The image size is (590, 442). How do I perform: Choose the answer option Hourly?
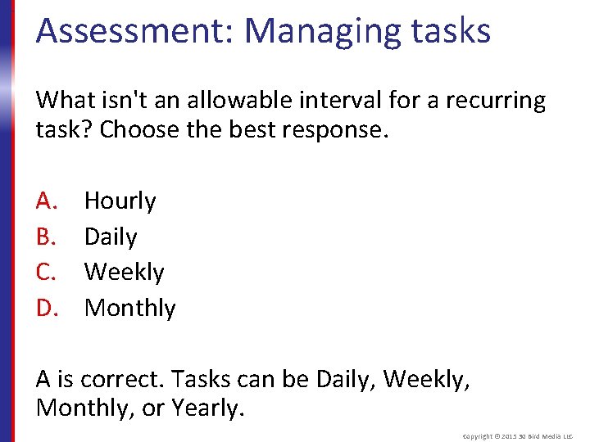pyautogui.click(x=120, y=201)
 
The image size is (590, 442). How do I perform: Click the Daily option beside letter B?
pyautogui.click(x=111, y=237)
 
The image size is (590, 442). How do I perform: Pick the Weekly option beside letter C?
pyautogui.click(x=124, y=272)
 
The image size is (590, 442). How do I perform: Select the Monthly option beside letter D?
pyautogui.click(x=129, y=308)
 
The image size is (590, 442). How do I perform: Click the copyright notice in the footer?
pyautogui.click(x=519, y=436)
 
